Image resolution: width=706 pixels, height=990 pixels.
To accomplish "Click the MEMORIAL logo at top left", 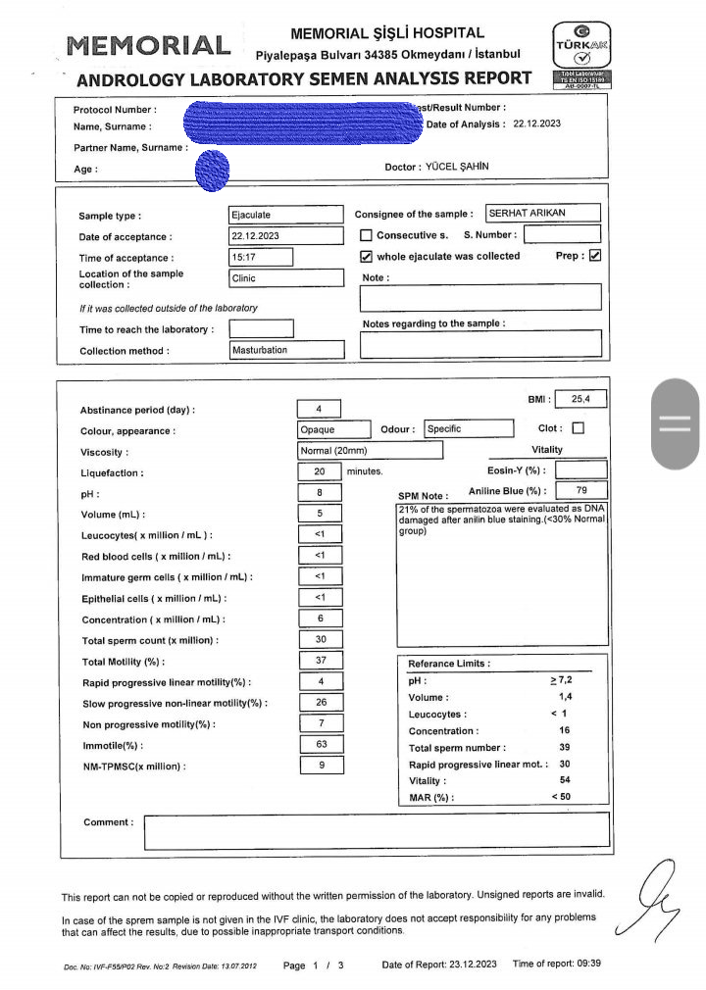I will tap(148, 45).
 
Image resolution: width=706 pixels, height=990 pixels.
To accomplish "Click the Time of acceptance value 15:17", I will tap(260, 257).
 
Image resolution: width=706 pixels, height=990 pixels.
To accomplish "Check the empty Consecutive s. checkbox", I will tap(366, 235).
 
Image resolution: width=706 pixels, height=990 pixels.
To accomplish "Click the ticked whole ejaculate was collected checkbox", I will tap(366, 257).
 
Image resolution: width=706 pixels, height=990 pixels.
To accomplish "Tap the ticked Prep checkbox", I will tap(594, 256).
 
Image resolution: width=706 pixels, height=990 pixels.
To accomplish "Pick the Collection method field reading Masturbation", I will tap(285, 350).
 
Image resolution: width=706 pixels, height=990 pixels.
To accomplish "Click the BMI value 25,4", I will tap(581, 399).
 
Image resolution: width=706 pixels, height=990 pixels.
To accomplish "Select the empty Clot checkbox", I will tap(578, 427).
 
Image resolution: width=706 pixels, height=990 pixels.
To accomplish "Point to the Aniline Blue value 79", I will tap(581, 490).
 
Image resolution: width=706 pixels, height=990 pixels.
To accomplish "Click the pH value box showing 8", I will tap(320, 493).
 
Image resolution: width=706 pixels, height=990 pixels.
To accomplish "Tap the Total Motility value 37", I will tap(320, 661).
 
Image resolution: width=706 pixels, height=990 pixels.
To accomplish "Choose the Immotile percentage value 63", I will tap(320, 745).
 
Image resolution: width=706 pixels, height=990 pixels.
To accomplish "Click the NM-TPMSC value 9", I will tap(320, 766).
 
